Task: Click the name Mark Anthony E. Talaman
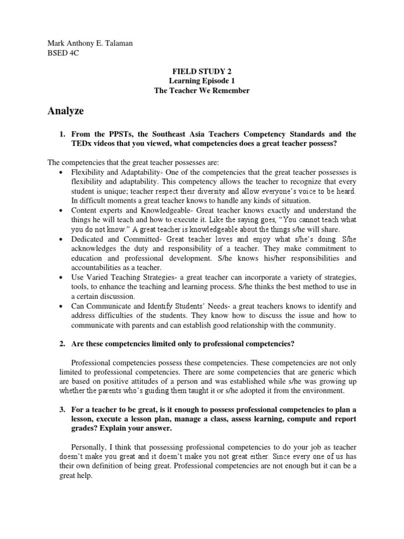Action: pyautogui.click(x=90, y=44)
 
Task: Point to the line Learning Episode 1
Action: pyautogui.click(x=201, y=81)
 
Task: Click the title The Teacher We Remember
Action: pyautogui.click(x=201, y=91)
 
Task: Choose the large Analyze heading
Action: pyautogui.click(x=66, y=111)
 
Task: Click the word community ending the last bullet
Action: pyautogui.click(x=317, y=325)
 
